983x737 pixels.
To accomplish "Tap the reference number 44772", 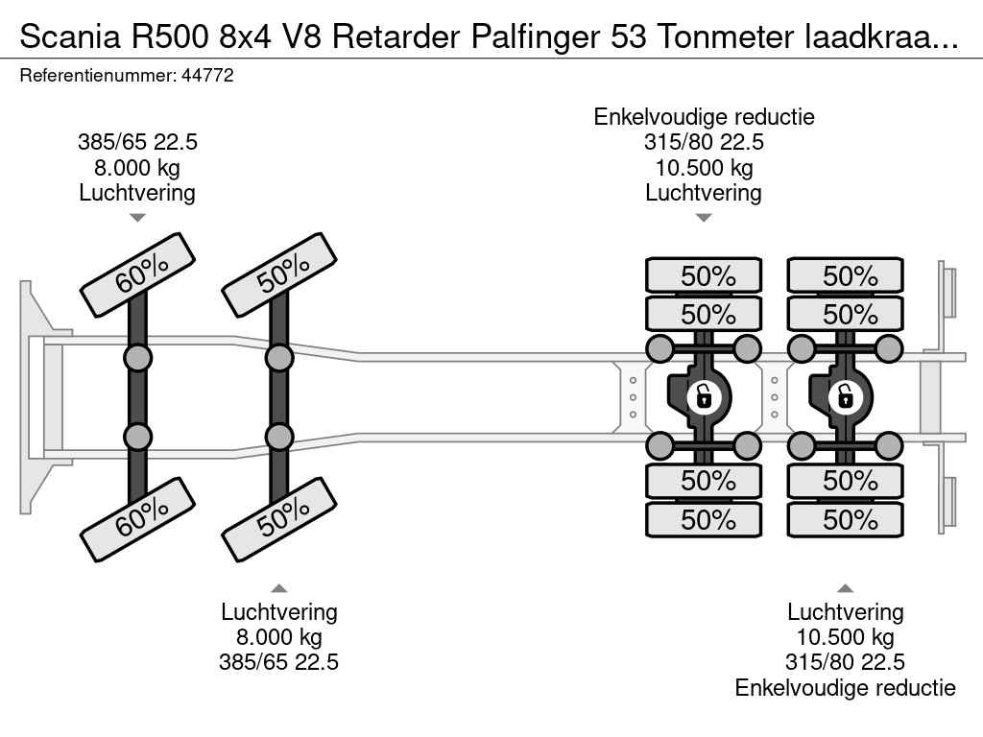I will pyautogui.click(x=207, y=76).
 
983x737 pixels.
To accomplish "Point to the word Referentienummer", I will pyautogui.click(x=96, y=76).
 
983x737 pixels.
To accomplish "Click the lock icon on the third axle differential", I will pyautogui.click(x=704, y=394).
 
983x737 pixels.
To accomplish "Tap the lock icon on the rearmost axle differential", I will pyautogui.click(x=846, y=394).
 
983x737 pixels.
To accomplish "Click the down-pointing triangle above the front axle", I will pyautogui.click(x=137, y=218).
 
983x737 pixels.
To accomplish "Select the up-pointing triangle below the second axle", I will pyautogui.click(x=279, y=587).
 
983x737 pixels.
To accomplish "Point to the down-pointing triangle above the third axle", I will pyautogui.click(x=704, y=218).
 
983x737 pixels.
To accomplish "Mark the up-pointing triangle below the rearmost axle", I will pyautogui.click(x=846, y=587).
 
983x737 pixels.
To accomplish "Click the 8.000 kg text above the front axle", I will pyautogui.click(x=137, y=168).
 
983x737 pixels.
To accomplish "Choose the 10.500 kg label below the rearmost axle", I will pyautogui.click(x=846, y=637).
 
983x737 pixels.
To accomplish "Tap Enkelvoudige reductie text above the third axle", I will pyautogui.click(x=704, y=117).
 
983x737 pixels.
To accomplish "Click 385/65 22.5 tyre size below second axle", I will pyautogui.click(x=279, y=662).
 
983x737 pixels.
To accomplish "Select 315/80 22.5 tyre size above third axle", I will pyautogui.click(x=704, y=143).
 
